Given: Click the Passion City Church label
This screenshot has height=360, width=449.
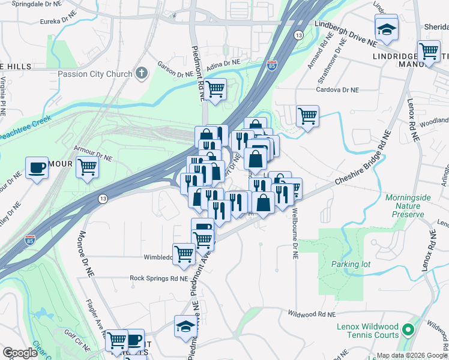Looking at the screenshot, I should (x=95, y=74).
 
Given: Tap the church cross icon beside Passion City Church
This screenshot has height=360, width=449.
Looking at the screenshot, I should (x=142, y=74).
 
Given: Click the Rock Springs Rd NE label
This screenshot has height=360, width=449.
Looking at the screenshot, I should (x=159, y=278).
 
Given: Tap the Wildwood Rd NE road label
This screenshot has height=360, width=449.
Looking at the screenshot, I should (x=311, y=314).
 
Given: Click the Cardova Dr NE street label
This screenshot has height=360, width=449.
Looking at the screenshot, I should (x=338, y=89).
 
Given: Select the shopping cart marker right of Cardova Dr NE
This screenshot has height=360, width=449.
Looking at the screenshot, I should (x=307, y=116).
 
